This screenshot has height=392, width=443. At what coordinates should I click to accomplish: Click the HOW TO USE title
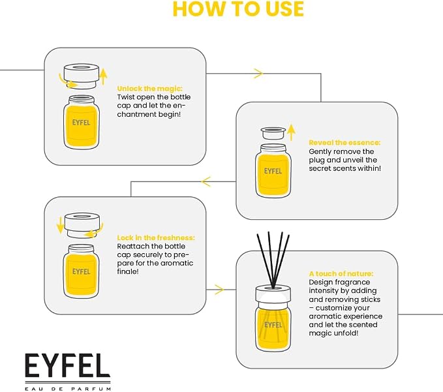point(238,8)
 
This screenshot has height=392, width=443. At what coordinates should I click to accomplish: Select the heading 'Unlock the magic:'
point(150,89)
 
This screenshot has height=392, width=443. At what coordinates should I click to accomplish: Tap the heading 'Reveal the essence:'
point(344,143)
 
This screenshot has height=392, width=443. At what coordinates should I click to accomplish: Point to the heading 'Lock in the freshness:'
point(156,238)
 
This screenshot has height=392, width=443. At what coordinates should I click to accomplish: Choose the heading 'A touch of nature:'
point(341,274)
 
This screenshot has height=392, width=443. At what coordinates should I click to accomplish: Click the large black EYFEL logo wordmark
point(67,365)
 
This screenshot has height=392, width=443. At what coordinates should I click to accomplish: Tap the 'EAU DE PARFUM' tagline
point(68,389)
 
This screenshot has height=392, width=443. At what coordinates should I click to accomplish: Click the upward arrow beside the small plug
point(291,132)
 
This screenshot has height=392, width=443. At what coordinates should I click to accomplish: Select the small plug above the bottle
point(273,133)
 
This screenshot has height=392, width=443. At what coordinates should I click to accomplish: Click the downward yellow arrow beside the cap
point(60,225)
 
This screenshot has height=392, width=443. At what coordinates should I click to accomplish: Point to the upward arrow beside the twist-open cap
point(104,76)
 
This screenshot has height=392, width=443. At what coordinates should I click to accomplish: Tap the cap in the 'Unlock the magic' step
point(82,76)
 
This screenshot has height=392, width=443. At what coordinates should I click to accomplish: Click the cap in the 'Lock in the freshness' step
point(82,226)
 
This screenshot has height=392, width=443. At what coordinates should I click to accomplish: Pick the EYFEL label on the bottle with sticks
point(273,325)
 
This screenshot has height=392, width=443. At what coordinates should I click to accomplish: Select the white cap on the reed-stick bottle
point(273,294)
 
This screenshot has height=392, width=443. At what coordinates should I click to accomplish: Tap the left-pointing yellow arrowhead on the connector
point(206,181)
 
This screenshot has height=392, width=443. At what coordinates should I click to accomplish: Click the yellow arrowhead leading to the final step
point(219,290)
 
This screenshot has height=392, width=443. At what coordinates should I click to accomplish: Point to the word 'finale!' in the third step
point(128,271)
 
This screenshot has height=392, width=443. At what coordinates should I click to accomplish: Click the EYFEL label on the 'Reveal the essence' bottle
point(273,171)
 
